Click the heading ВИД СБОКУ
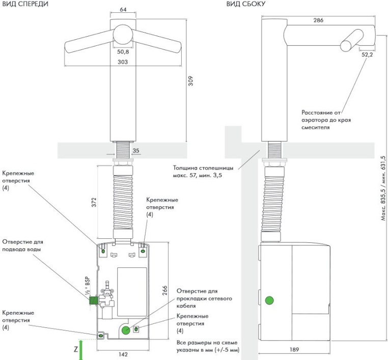246,4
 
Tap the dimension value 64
123,9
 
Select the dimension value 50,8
123,51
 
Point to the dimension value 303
123,62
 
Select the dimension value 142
123,354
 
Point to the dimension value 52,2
368,55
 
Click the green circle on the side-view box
270,300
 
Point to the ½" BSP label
85,288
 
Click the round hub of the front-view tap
122,34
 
